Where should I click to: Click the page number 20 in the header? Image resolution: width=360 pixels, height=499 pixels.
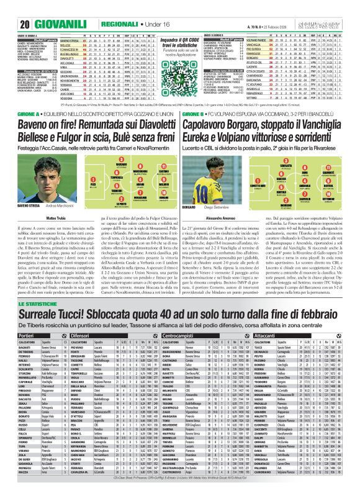12,8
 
